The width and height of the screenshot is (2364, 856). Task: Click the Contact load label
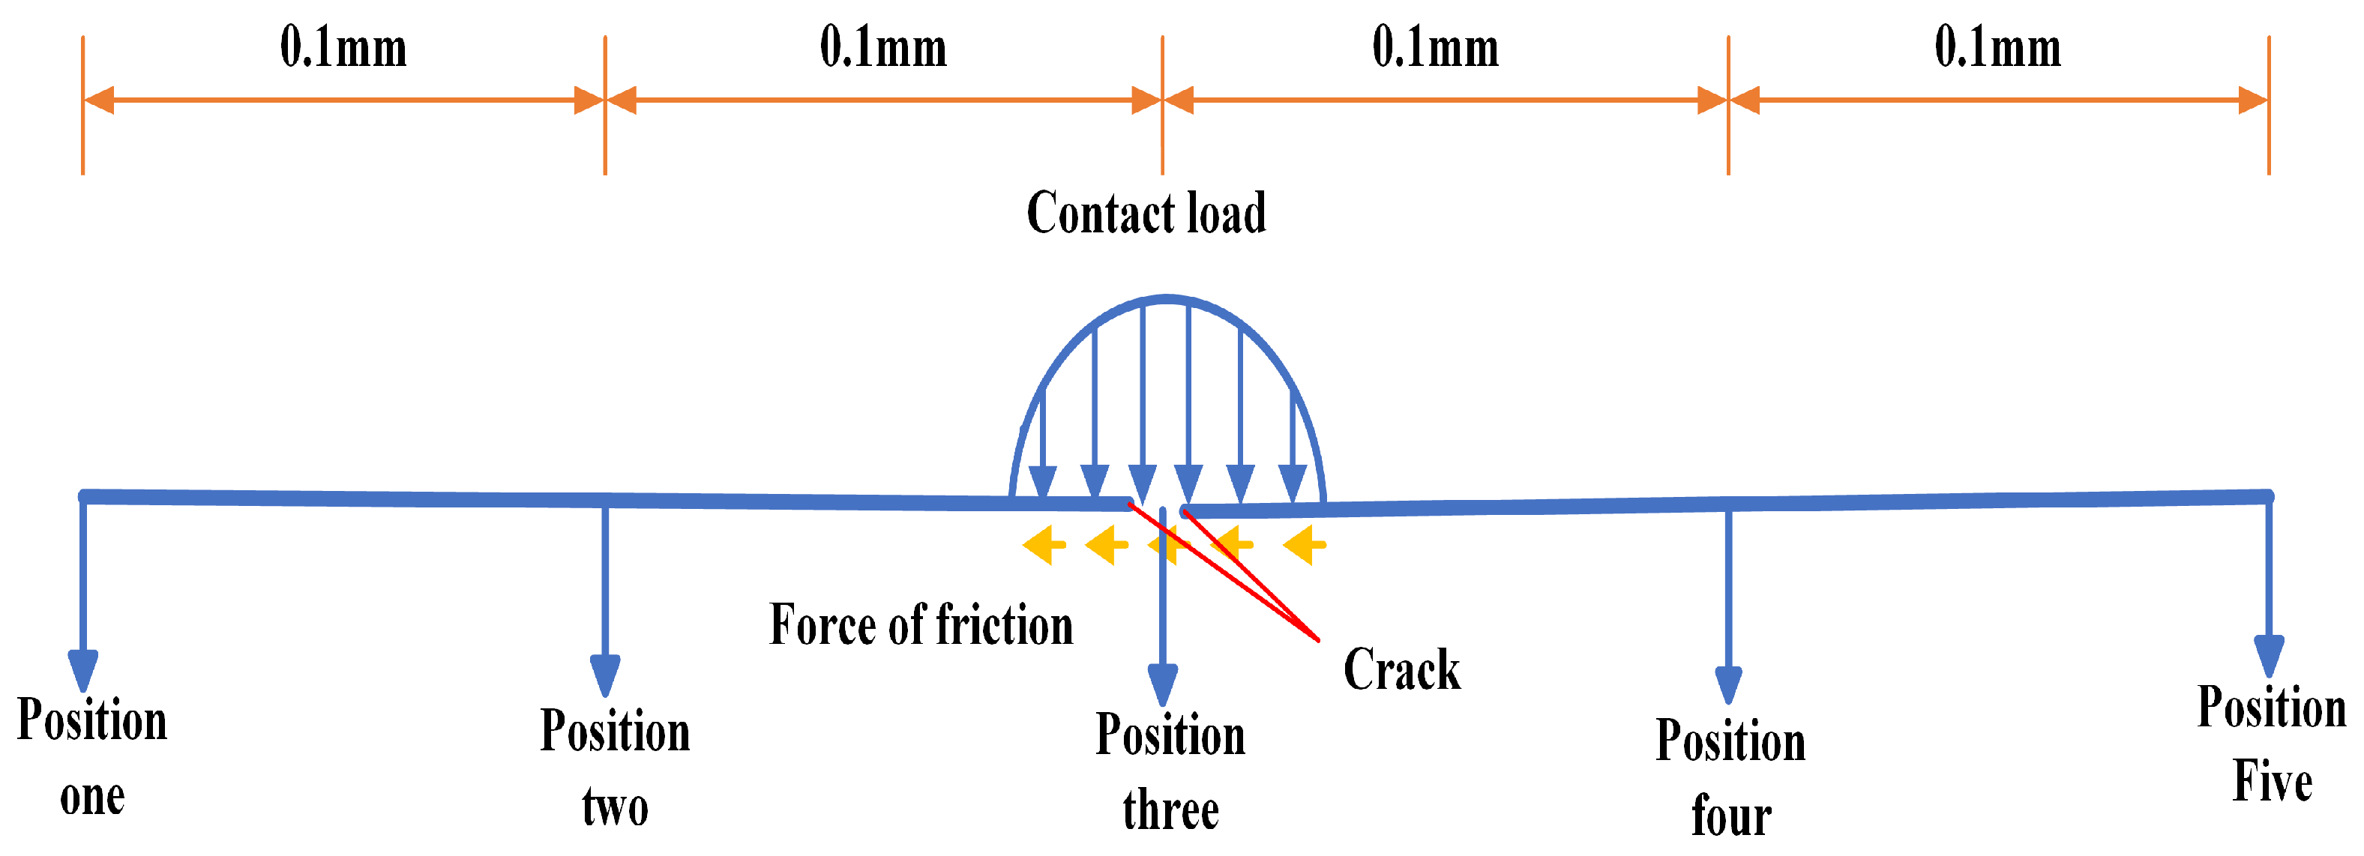(x=1146, y=213)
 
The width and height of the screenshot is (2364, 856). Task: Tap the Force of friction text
(x=921, y=626)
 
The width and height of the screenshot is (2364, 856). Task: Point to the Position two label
(x=615, y=768)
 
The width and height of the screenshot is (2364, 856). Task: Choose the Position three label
(x=1170, y=773)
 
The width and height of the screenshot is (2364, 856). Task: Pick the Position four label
(x=1730, y=778)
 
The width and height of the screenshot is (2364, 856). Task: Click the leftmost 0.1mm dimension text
(x=343, y=48)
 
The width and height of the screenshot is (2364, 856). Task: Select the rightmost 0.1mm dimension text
(x=1998, y=48)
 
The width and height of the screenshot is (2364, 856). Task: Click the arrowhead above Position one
(x=83, y=670)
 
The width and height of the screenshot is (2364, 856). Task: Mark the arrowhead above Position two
(x=605, y=675)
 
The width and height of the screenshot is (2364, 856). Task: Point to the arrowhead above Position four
(x=1728, y=684)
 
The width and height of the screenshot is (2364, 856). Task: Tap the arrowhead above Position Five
(x=2269, y=655)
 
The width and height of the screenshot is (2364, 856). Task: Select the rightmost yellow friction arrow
(x=1304, y=545)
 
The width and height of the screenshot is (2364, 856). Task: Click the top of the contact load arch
(x=1167, y=298)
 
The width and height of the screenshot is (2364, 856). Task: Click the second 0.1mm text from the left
(x=882, y=48)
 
